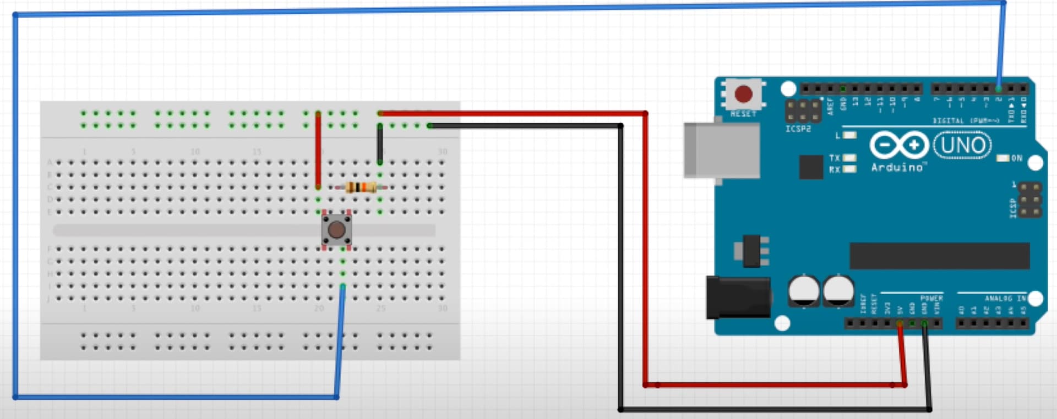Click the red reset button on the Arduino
point(743,94)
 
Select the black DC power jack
point(738,297)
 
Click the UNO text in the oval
point(962,145)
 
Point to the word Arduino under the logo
point(897,167)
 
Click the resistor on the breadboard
point(361,188)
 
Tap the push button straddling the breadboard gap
point(336,230)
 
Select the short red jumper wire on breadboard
point(318,150)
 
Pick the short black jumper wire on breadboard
point(380,144)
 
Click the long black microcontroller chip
point(939,256)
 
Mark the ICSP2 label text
point(798,129)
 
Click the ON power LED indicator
point(1003,158)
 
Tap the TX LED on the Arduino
point(849,158)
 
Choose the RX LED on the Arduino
point(849,169)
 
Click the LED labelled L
point(849,135)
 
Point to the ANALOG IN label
point(1005,298)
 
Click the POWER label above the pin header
point(931,298)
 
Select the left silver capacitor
point(804,290)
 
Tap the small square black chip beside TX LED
point(811,167)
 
